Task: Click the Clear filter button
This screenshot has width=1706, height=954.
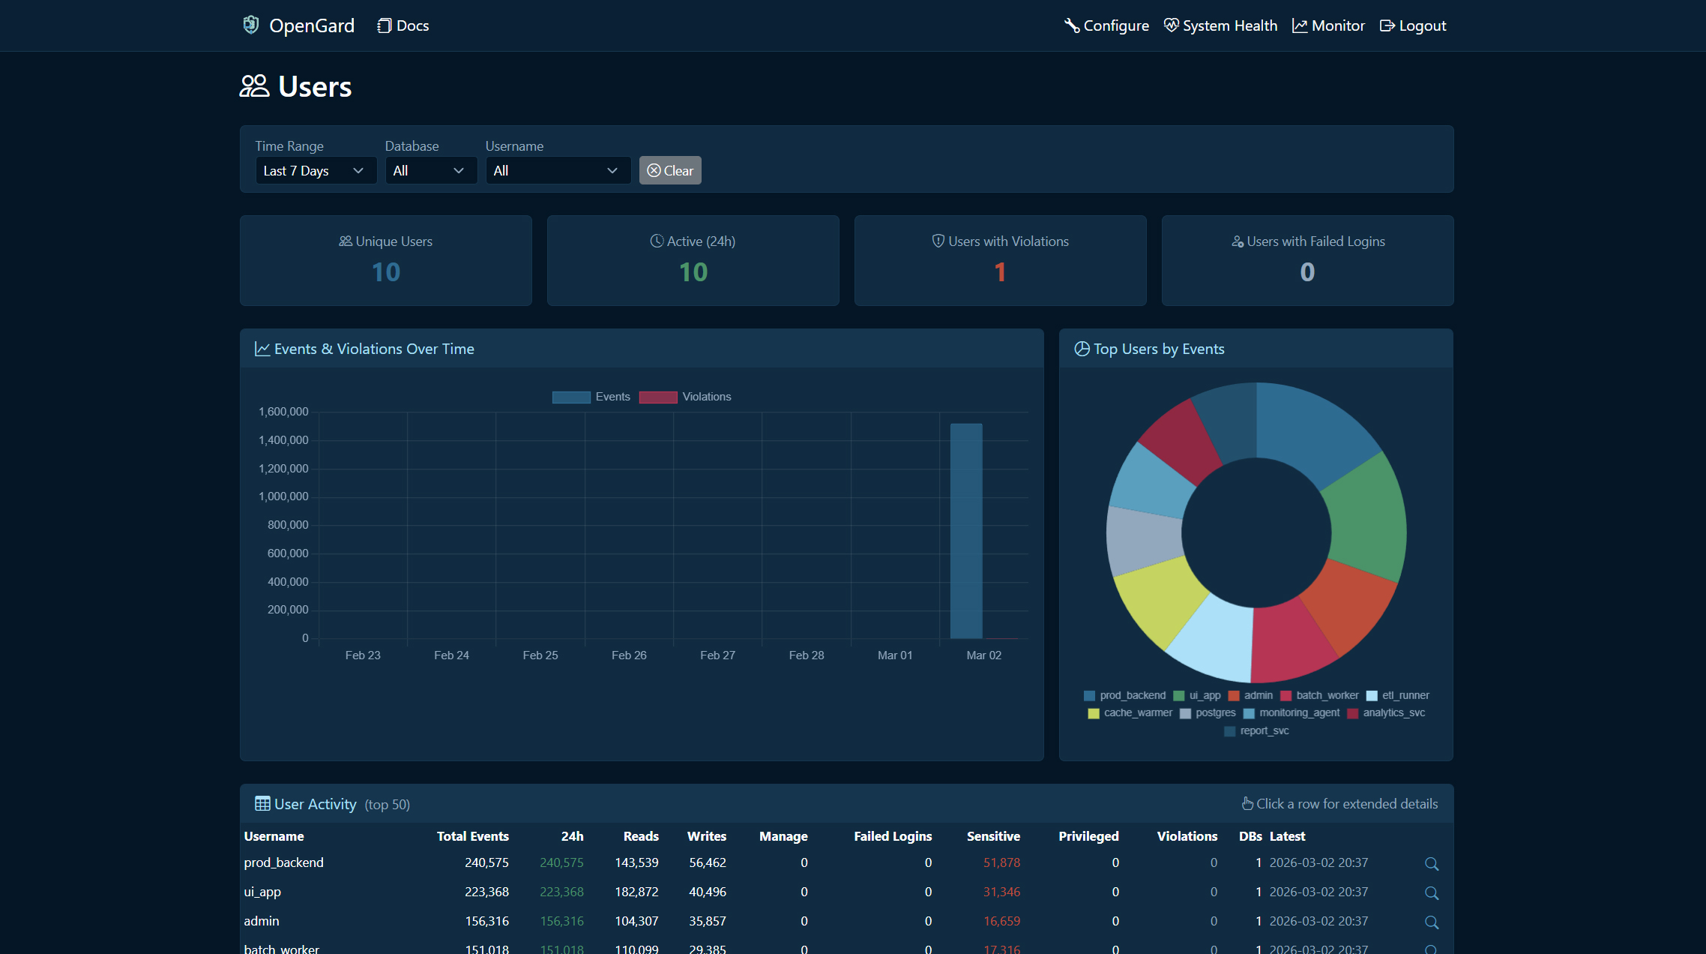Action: pos(670,171)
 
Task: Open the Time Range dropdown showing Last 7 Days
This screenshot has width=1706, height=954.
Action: pos(315,171)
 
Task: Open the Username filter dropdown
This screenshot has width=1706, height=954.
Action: pos(557,171)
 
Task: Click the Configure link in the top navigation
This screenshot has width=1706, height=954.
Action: pos(1106,25)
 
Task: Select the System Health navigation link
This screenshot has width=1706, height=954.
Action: pos(1220,25)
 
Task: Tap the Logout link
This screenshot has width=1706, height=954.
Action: pos(1413,25)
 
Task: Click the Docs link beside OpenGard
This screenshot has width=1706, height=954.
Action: pos(403,25)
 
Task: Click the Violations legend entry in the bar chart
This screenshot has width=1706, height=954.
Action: pos(685,397)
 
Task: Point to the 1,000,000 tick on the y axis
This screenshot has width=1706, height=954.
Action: pos(283,496)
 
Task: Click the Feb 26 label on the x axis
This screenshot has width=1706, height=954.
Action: pos(629,655)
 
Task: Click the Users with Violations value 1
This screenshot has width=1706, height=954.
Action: pos(1000,272)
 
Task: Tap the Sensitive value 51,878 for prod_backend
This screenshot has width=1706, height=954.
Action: pos(1001,862)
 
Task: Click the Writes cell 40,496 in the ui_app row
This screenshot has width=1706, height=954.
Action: pos(707,892)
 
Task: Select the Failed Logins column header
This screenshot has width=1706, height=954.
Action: pos(893,836)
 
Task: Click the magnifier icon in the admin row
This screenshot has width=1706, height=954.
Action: pos(1431,922)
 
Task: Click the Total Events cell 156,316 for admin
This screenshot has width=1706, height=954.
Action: pos(486,921)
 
